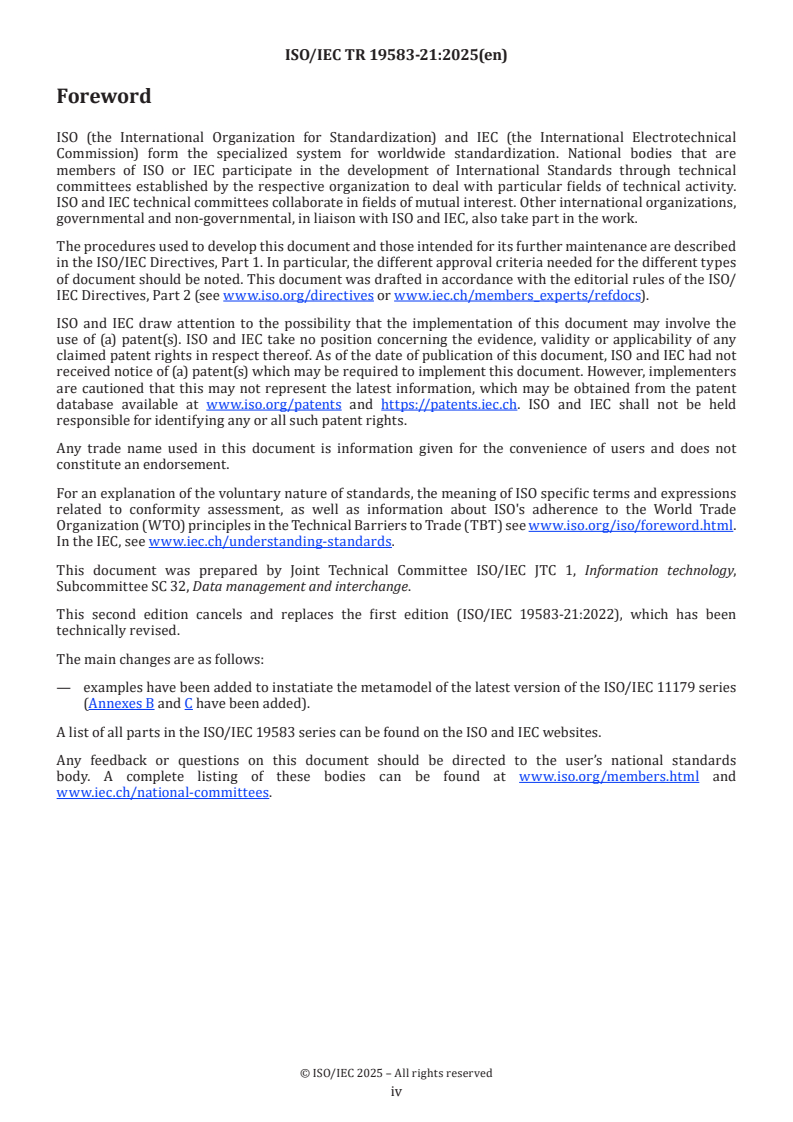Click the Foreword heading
point(104,97)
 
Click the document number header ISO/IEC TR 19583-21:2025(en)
point(396,56)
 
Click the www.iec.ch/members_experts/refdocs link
point(517,296)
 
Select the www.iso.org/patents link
point(273,404)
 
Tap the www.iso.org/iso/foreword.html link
point(630,526)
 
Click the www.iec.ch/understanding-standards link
point(270,541)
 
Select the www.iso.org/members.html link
point(609,777)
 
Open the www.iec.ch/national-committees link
point(163,793)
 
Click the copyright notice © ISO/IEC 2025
point(396,1073)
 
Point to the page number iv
point(396,1091)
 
